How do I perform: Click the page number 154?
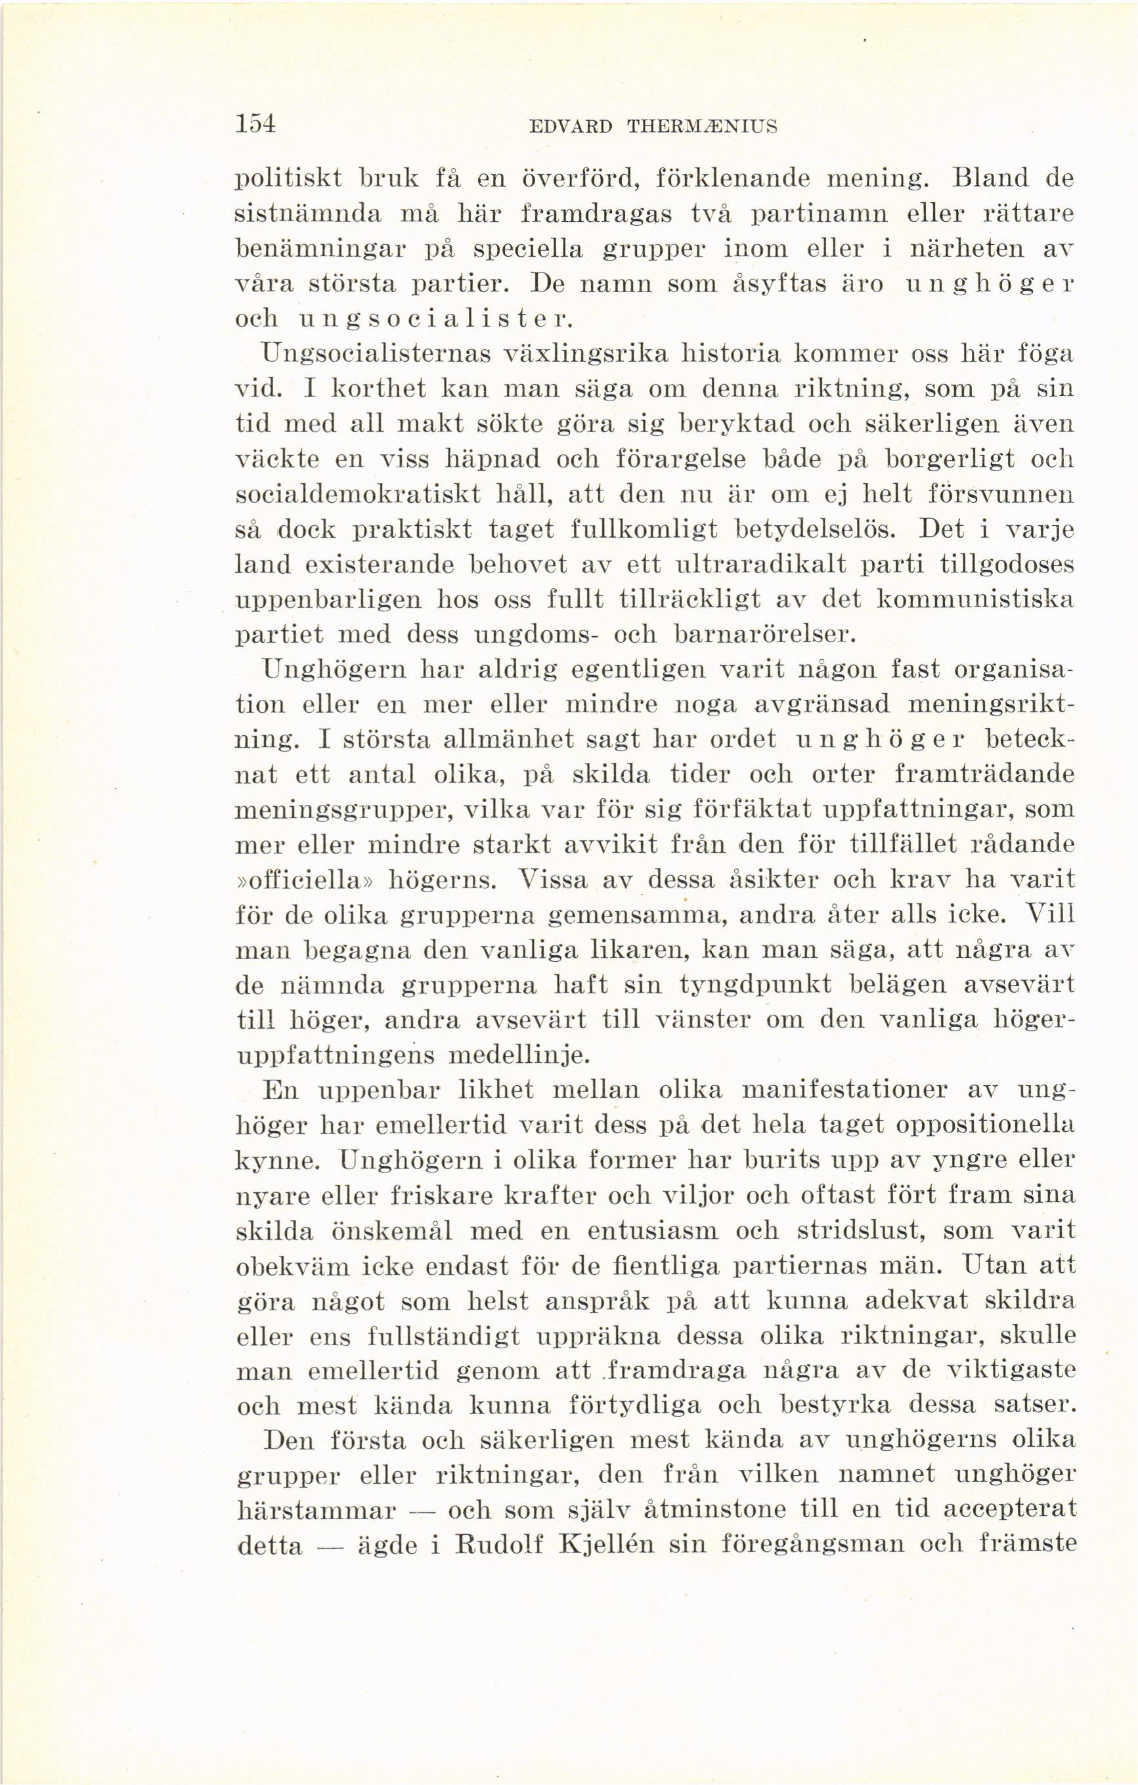pos(255,124)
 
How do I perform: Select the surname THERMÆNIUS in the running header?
pos(702,127)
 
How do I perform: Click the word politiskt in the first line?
pos(288,179)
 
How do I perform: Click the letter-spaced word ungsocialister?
pos(435,320)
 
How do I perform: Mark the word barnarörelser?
pos(766,635)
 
